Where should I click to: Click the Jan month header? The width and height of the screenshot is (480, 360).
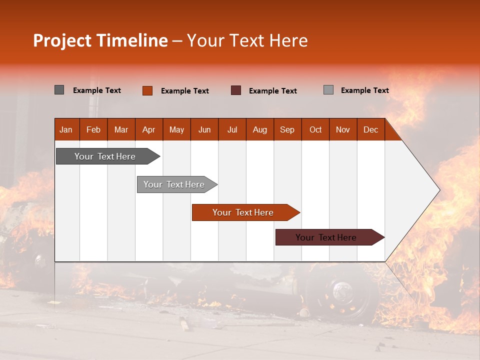(x=66, y=129)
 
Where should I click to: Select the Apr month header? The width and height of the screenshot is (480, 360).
(x=149, y=129)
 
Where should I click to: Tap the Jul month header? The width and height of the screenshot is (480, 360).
(x=232, y=129)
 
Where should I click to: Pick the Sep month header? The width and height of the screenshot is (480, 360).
(x=287, y=129)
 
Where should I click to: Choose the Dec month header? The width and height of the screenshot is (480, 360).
(x=370, y=129)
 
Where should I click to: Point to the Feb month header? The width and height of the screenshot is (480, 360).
(x=93, y=129)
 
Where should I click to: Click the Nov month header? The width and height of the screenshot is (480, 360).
(x=343, y=129)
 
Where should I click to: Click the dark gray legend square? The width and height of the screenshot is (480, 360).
(x=59, y=90)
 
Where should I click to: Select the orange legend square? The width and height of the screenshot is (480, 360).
(x=147, y=90)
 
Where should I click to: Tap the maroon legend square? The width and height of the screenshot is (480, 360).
(x=236, y=90)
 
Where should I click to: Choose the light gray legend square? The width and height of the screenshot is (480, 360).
(x=328, y=90)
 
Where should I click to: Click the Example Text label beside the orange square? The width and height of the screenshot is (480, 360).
(x=185, y=91)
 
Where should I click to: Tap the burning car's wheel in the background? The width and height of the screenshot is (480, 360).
(x=342, y=292)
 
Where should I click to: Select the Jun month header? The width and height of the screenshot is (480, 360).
(x=204, y=129)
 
